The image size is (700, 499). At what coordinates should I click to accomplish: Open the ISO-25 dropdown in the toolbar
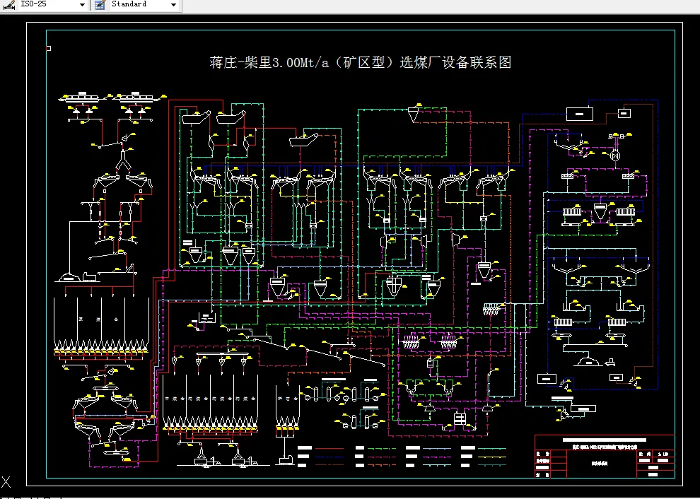[x=82, y=4]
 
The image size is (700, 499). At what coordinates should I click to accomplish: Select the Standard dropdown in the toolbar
[x=173, y=4]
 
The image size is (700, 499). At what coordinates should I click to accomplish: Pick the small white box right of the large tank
[x=624, y=112]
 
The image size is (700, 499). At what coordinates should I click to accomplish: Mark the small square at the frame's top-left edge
[x=48, y=48]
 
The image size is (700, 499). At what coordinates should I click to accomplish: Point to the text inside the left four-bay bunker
[x=99, y=320]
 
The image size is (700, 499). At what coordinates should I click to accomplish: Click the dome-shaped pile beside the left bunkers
[x=69, y=276]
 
